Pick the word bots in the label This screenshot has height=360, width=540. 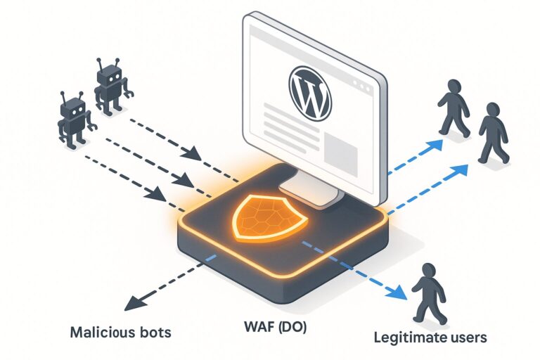pyautogui.click(x=155, y=331)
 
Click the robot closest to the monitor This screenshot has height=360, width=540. pyautogui.click(x=111, y=85)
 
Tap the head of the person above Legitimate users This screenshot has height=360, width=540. pyautogui.click(x=428, y=271)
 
